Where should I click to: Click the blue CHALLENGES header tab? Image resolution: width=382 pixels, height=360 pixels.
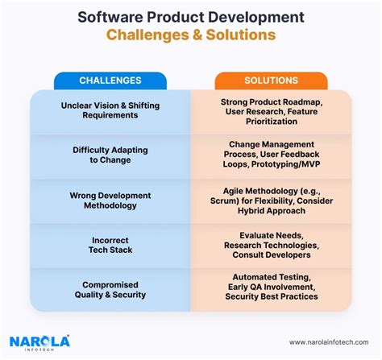[110, 81]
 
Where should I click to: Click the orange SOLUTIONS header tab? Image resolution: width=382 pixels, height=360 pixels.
[270, 81]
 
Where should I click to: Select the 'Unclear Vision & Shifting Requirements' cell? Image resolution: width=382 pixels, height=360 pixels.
[110, 110]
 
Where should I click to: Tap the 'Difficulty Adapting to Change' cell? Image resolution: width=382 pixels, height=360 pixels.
[110, 154]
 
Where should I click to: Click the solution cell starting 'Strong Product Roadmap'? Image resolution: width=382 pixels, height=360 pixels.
[271, 110]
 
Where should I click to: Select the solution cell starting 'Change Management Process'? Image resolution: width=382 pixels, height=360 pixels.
[271, 154]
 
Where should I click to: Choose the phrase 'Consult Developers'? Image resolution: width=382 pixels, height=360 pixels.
[271, 254]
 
